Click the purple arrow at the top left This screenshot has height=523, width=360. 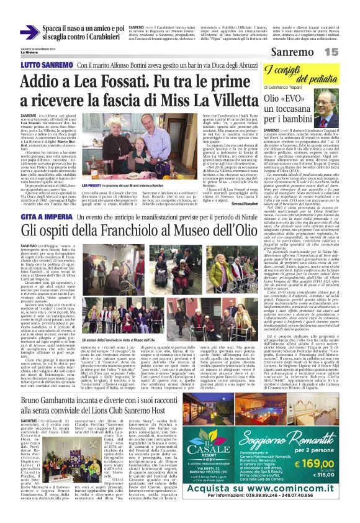29,32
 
